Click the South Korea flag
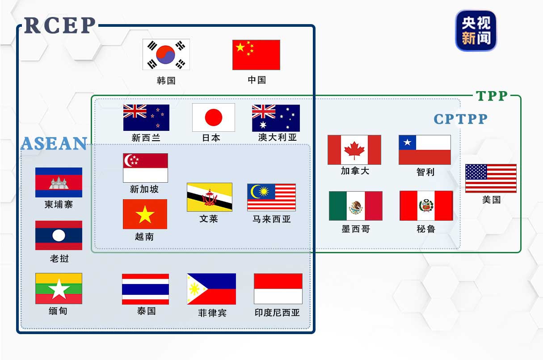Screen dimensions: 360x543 [x=166, y=54]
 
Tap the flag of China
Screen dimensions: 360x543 [x=256, y=54]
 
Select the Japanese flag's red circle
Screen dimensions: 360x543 [x=213, y=117]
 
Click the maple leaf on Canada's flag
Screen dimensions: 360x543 [x=354, y=150]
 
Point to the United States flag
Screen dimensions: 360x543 [x=491, y=178]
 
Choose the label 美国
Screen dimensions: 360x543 [x=491, y=200]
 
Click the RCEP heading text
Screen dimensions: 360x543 [x=60, y=25]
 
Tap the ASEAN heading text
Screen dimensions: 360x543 [x=54, y=143]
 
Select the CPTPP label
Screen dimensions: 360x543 [x=460, y=119]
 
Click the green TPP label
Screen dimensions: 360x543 [x=492, y=96]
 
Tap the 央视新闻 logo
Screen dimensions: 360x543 [x=476, y=30]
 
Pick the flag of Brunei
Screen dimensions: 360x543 [x=209, y=197]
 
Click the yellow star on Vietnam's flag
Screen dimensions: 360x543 [x=145, y=215]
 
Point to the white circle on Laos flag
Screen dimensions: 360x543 [x=59, y=235]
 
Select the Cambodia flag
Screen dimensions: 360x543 [x=59, y=182]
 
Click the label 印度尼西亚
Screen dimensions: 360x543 [x=277, y=313]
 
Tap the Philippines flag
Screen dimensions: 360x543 [x=211, y=289]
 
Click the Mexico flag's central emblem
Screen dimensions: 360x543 [x=356, y=206]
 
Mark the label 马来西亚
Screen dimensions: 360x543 [x=271, y=219]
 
